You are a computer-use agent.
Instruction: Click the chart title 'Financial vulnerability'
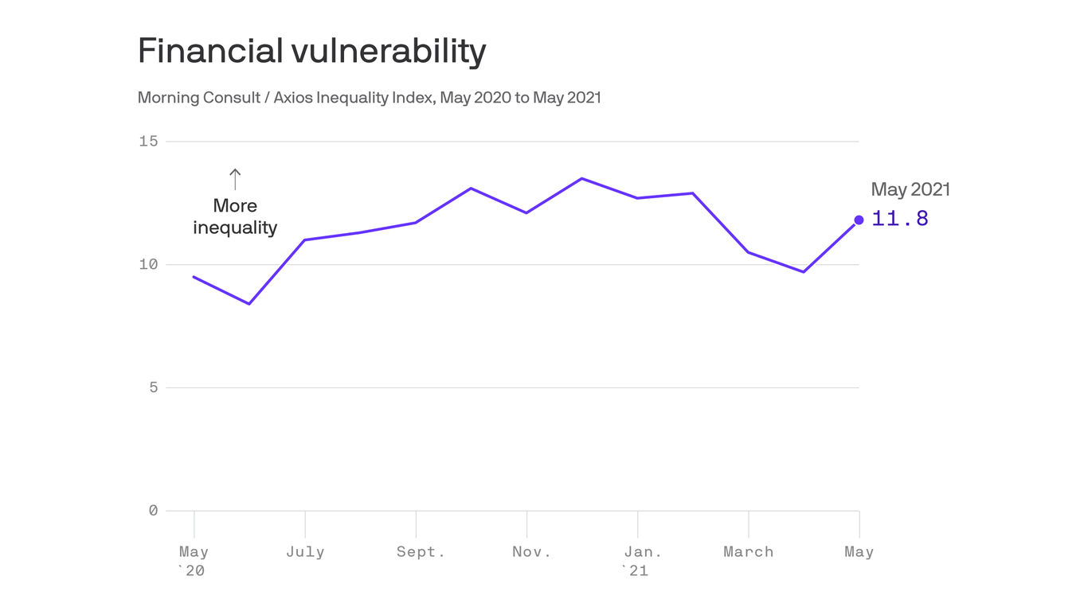(311, 52)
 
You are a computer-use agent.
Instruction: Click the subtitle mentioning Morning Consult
(369, 98)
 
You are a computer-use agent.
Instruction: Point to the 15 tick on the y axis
(149, 142)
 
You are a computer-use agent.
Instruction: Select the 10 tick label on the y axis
(149, 265)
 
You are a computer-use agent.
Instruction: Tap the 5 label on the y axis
(153, 387)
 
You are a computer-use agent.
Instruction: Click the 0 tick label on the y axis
(153, 511)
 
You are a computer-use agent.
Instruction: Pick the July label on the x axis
(305, 552)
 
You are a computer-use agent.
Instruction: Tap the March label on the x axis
(748, 552)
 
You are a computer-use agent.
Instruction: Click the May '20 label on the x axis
(193, 560)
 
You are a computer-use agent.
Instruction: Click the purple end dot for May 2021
(859, 220)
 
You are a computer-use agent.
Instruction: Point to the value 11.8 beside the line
(900, 219)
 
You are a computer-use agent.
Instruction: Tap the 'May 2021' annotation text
(910, 189)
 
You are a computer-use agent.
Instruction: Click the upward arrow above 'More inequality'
(235, 179)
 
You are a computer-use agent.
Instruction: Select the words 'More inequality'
(235, 216)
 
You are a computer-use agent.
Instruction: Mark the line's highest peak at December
(582, 178)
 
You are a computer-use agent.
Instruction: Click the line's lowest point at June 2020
(249, 304)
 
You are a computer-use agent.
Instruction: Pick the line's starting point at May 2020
(194, 277)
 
